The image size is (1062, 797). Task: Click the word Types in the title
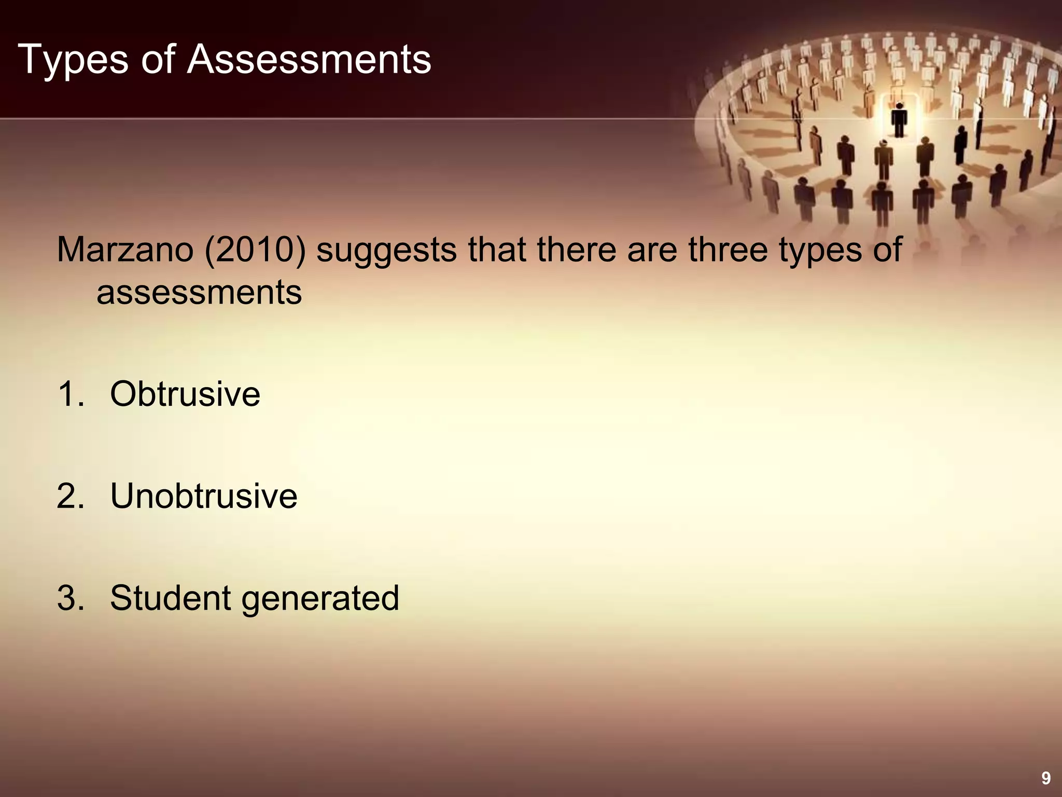pyautogui.click(x=73, y=60)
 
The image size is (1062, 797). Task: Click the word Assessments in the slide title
pyautogui.click(x=309, y=60)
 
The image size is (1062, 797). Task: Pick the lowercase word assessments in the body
pyautogui.click(x=199, y=293)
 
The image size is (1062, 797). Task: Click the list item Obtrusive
pyautogui.click(x=185, y=394)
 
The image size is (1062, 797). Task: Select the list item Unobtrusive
pyautogui.click(x=203, y=496)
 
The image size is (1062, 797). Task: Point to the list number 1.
pyautogui.click(x=70, y=394)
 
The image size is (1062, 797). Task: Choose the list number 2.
pyautogui.click(x=70, y=496)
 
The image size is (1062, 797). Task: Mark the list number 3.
pyautogui.click(x=70, y=598)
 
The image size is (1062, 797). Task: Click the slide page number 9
pyautogui.click(x=1046, y=778)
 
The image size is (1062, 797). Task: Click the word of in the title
pyautogui.click(x=158, y=60)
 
